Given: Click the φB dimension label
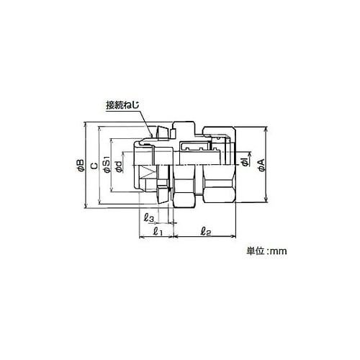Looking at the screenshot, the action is (x=81, y=165).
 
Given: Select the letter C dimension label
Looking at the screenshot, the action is (x=94, y=166).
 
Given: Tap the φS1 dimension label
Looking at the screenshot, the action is (x=107, y=164).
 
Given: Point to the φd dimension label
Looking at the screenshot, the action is (x=119, y=166).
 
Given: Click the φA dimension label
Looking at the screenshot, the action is (x=261, y=165).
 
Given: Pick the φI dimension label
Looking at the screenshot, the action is (x=245, y=163).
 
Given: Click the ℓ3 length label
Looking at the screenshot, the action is (x=150, y=217).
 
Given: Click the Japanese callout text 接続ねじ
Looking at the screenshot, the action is (x=122, y=106).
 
